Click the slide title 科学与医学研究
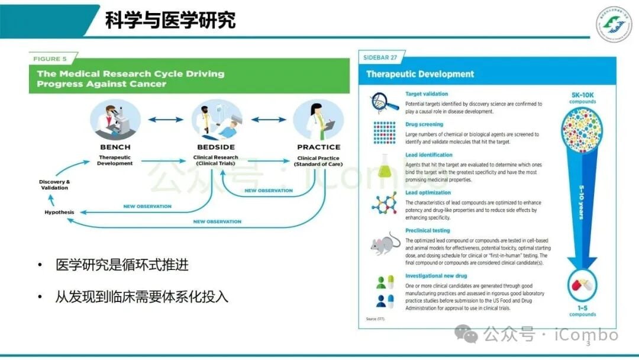(x=170, y=20)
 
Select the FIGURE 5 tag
(x=50, y=59)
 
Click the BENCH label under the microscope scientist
(x=115, y=147)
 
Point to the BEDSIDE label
(x=216, y=147)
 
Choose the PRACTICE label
(x=319, y=147)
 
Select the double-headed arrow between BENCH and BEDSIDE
(x=166, y=120)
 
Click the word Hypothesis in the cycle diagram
(x=60, y=212)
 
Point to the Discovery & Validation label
(x=54, y=184)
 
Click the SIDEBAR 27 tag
(x=380, y=57)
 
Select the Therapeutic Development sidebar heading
(x=420, y=74)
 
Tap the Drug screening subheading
(x=424, y=124)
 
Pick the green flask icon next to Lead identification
(x=385, y=168)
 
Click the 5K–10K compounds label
(x=583, y=98)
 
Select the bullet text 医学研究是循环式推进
(x=122, y=265)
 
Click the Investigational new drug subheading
(x=436, y=276)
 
